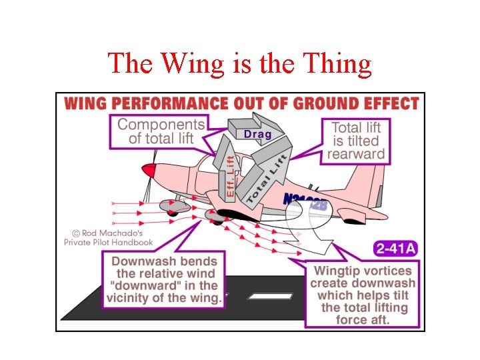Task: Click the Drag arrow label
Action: click(x=257, y=134)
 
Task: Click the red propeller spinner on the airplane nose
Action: click(x=150, y=171)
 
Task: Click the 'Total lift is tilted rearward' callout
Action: click(x=355, y=141)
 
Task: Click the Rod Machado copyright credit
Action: click(x=108, y=238)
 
